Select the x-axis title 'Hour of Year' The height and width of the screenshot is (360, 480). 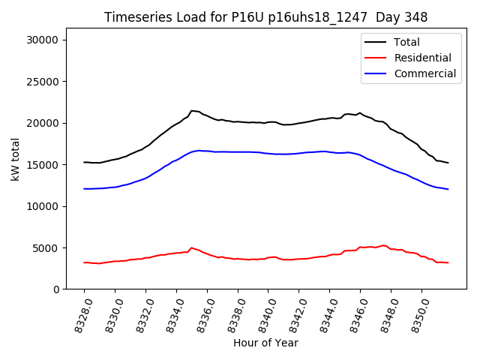[265, 343]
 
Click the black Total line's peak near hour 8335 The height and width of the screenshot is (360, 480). [192, 111]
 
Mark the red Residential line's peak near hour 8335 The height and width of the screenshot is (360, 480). [192, 247]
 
